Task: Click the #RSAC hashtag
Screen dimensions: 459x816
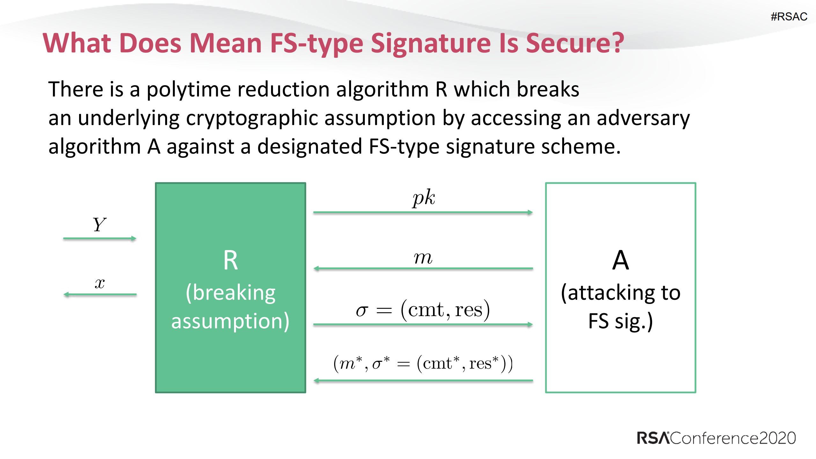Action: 789,17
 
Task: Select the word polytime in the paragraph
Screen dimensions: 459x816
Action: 188,90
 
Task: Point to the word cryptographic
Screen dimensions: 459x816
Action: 252,119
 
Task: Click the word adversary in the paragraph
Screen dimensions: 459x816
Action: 643,119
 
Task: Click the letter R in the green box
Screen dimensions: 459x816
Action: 230,261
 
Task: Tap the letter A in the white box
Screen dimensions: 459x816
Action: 620,261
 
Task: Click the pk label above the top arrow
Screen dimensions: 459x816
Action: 423,198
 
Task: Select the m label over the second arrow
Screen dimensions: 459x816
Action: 423,258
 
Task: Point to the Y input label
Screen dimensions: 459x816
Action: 99,225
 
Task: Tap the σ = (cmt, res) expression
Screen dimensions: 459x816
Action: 423,310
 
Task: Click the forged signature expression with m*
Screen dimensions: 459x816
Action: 423,363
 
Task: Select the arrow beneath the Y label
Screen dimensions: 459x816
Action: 99,238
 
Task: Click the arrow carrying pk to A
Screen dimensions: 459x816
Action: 423,212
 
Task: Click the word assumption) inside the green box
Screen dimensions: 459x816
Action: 230,321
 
